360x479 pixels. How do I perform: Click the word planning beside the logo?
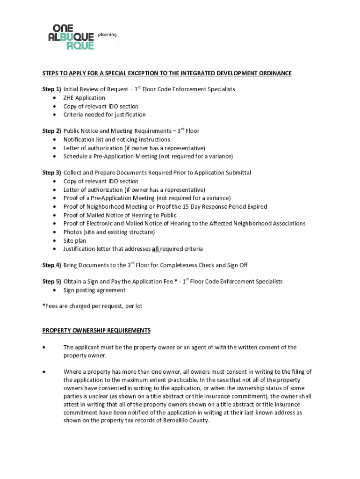pos(107,35)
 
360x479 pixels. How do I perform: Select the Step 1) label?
pos(52,89)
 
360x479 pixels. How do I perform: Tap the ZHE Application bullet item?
pos(84,98)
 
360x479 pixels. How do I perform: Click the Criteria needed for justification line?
pos(104,115)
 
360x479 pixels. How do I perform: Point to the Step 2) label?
pos(52,131)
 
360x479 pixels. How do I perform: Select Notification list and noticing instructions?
pos(116,139)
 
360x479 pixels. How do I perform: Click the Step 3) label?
pos(52,173)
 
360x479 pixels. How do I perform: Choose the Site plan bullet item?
pos(75,240)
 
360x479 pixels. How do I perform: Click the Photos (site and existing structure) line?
pos(109,232)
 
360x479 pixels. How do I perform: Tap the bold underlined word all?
pos(156,249)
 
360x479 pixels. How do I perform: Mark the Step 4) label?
pos(52,265)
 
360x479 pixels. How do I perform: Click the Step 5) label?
pos(52,282)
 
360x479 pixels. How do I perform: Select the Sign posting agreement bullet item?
pos(94,290)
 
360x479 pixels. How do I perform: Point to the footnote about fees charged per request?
pos(92,306)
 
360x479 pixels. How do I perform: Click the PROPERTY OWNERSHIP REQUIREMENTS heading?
pos(96,330)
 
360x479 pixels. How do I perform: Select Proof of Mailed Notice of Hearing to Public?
pos(120,215)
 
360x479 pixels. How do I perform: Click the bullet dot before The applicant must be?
pos(43,348)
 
